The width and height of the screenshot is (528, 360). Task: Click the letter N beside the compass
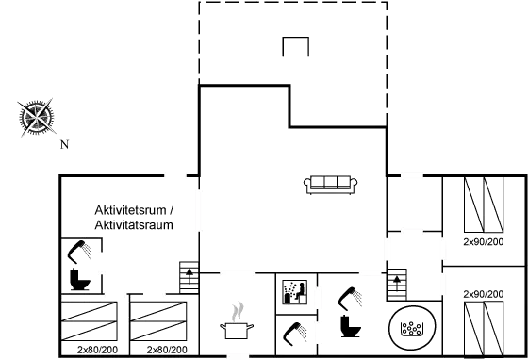pos(64,144)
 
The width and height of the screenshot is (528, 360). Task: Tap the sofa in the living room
pos(331,184)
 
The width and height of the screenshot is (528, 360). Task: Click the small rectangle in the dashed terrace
pos(295,46)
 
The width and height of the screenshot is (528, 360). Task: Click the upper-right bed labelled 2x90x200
pos(486,208)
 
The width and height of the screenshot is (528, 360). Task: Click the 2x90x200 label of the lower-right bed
pos(482,294)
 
